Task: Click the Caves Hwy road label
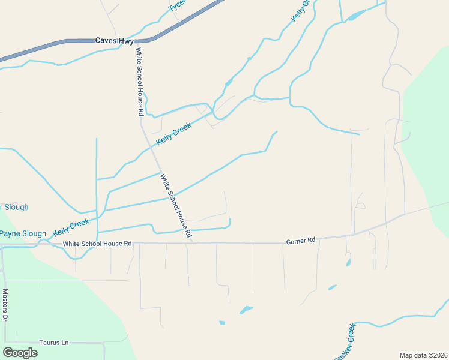pyautogui.click(x=113, y=41)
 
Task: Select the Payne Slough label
pyautogui.click(x=23, y=233)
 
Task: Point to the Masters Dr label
pyautogui.click(x=5, y=306)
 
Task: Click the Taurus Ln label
pyautogui.click(x=54, y=343)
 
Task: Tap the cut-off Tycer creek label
pyautogui.click(x=176, y=5)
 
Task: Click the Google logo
pyautogui.click(x=20, y=353)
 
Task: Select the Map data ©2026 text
pyautogui.click(x=423, y=355)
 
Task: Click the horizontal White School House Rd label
pyautogui.click(x=97, y=243)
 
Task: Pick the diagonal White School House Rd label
pyautogui.click(x=175, y=205)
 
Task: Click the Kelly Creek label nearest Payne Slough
pyautogui.click(x=71, y=227)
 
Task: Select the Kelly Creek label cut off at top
pyautogui.click(x=302, y=11)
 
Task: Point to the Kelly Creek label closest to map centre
pyautogui.click(x=173, y=133)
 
